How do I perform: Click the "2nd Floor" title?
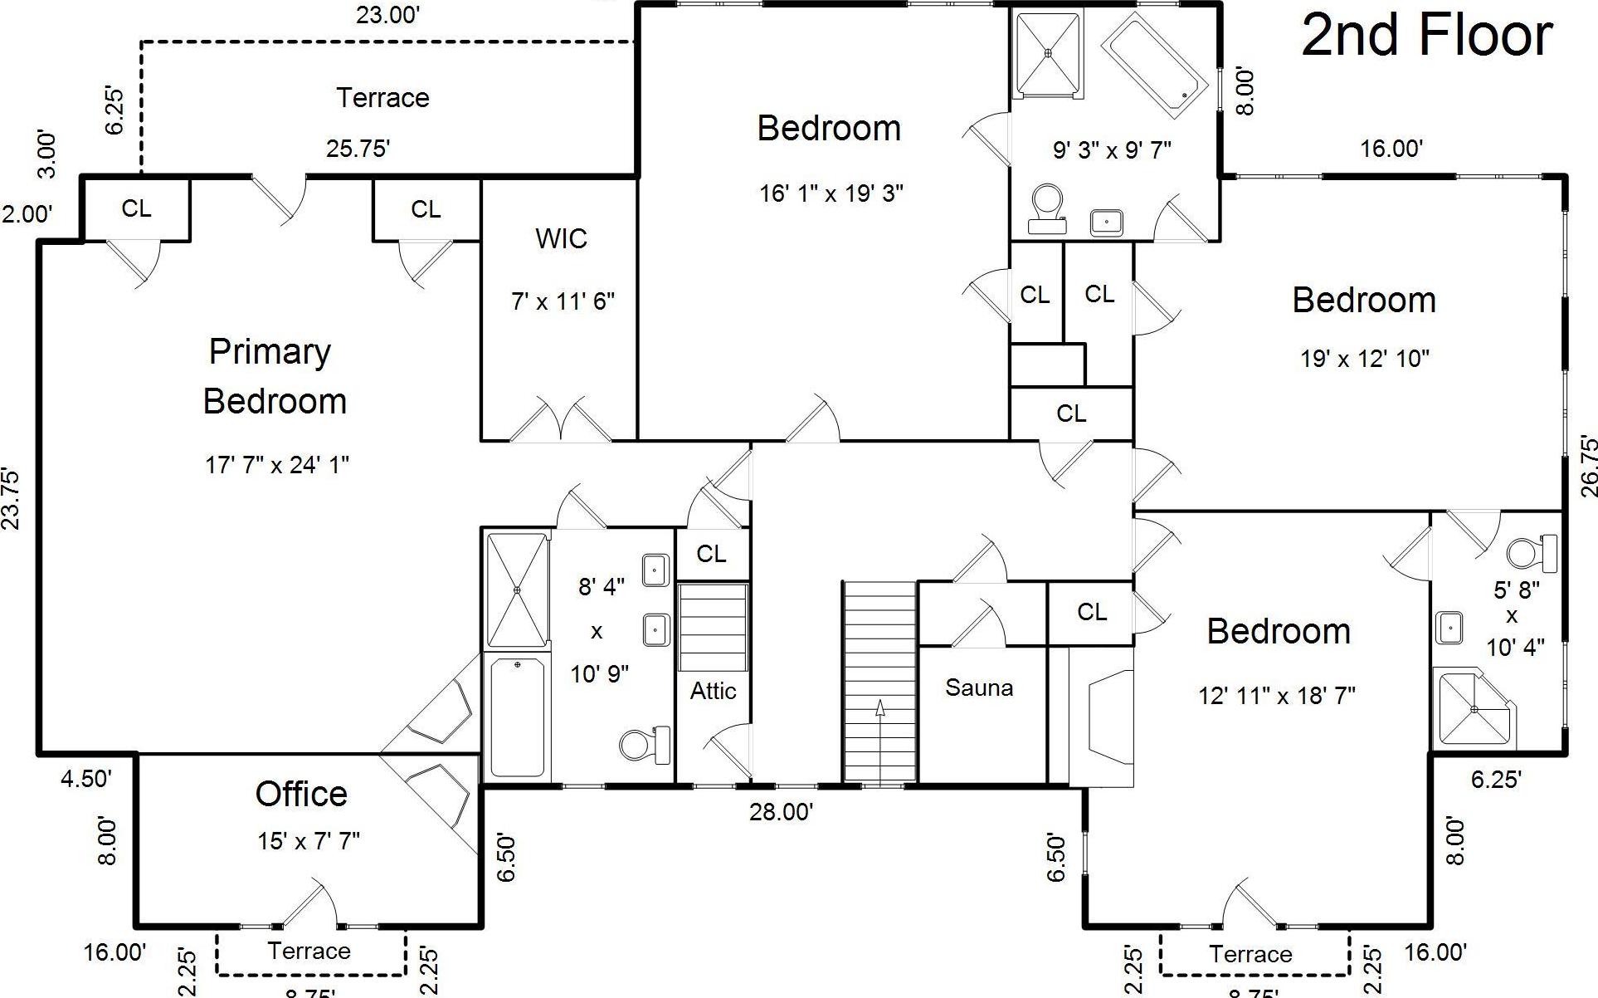(1426, 36)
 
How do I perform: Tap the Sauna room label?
(979, 687)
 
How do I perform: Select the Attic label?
(713, 691)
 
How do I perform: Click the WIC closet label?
(561, 239)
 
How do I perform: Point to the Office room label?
(301, 795)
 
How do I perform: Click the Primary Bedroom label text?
(274, 376)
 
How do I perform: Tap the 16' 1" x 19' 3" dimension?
(831, 193)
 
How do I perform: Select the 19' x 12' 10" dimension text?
(1365, 359)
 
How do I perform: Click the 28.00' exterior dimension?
(781, 812)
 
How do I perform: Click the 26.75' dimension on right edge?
(1588, 466)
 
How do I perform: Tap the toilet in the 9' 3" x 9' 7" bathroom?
(1047, 207)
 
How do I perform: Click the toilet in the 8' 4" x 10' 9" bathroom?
(646, 744)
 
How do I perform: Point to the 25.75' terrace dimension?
(358, 149)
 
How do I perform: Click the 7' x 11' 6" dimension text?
(563, 301)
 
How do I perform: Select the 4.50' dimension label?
(85, 779)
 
